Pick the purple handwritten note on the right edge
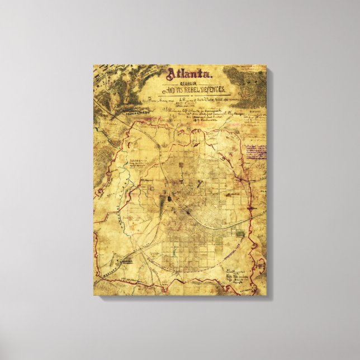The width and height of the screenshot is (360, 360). coord(255,150)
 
